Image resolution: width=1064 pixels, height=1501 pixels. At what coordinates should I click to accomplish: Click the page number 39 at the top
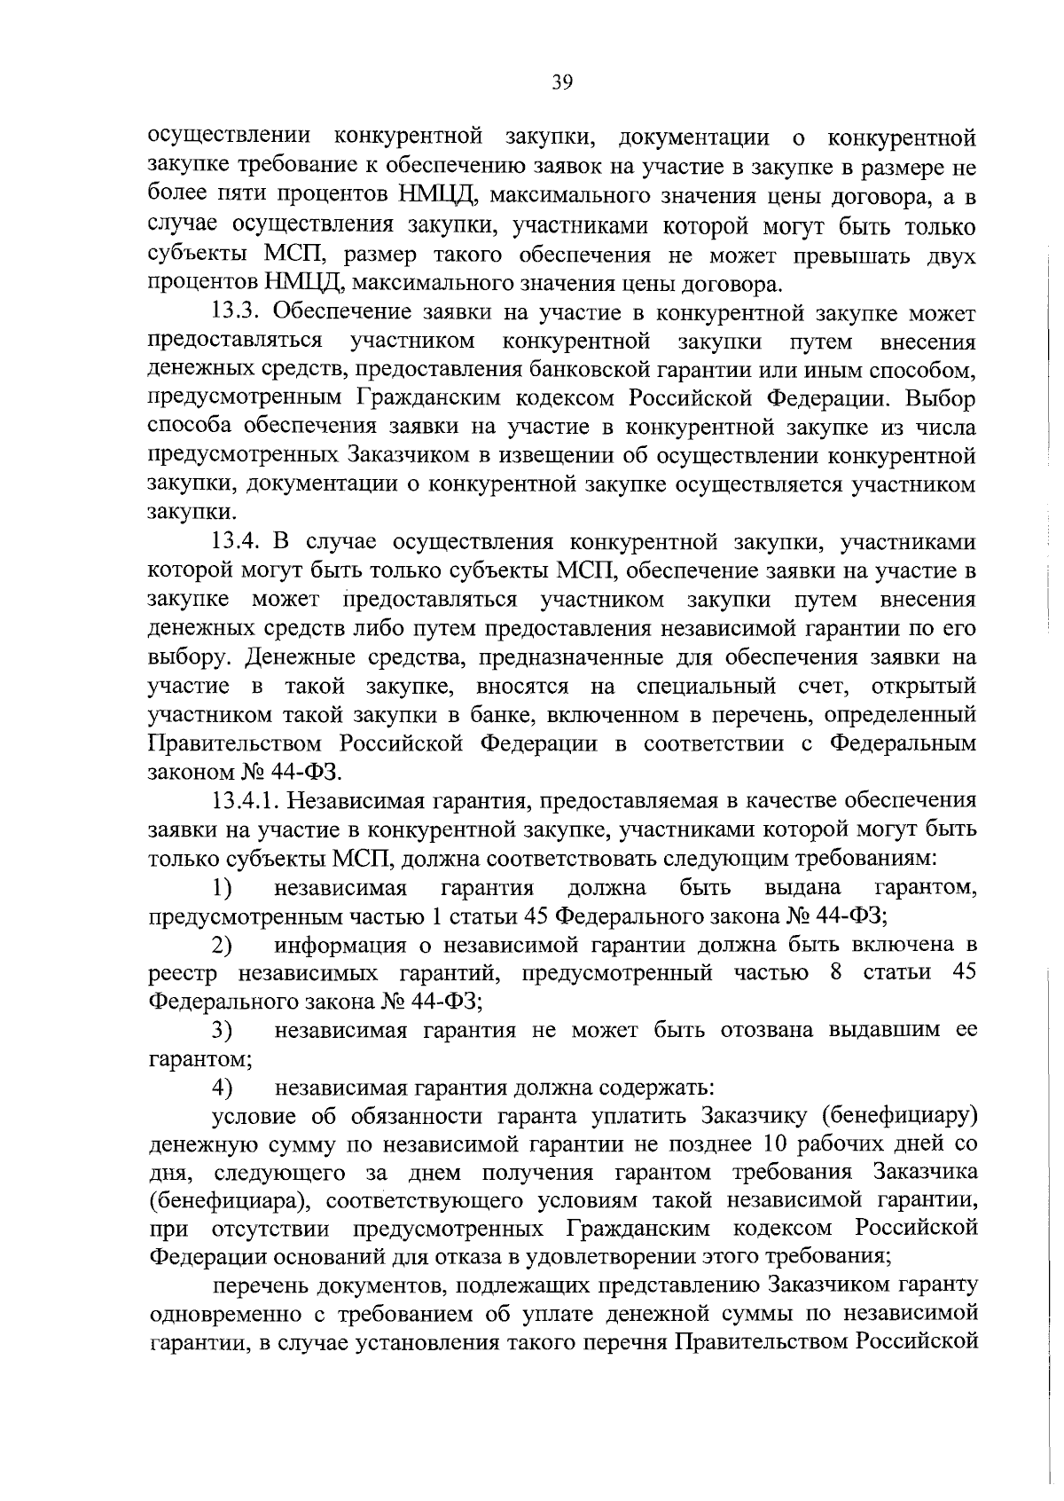click(562, 83)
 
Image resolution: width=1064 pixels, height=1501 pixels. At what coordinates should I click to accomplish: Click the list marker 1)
click(222, 888)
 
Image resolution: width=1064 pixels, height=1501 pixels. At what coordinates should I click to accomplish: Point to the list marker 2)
click(222, 946)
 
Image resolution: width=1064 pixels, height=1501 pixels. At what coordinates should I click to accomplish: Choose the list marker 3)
click(222, 1031)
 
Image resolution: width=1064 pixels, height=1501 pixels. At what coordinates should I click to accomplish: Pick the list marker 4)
click(222, 1088)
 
